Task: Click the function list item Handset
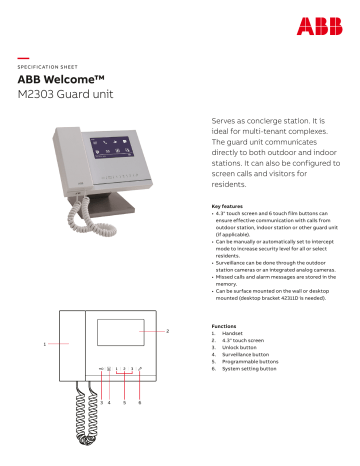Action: pos(233,333)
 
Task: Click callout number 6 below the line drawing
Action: pos(139,401)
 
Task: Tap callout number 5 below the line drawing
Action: pos(123,401)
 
